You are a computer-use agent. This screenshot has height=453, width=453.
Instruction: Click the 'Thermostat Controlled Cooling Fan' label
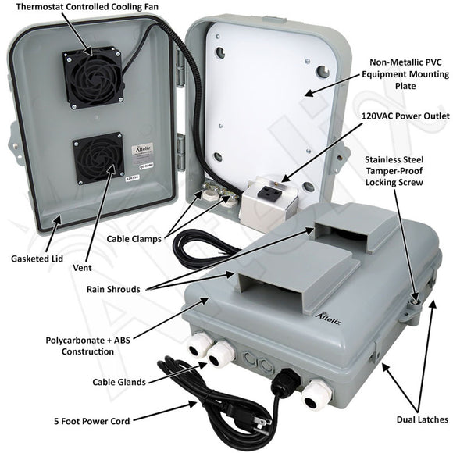pyautogui.click(x=87, y=6)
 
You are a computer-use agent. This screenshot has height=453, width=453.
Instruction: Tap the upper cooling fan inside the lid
pyautogui.click(x=92, y=77)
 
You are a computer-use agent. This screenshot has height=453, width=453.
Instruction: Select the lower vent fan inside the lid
pyautogui.click(x=98, y=159)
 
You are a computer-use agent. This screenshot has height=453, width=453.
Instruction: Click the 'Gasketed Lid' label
pyautogui.click(x=37, y=259)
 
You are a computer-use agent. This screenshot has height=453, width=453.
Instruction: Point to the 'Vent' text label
pyautogui.click(x=82, y=268)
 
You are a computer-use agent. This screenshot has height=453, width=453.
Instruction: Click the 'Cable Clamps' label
pyautogui.click(x=134, y=239)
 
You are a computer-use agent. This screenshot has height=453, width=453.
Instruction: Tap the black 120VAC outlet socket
pyautogui.click(x=271, y=192)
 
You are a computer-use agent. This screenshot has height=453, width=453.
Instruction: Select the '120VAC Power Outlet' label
pyautogui.click(x=405, y=116)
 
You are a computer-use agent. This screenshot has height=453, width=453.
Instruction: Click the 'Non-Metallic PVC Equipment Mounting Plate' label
pyautogui.click(x=405, y=74)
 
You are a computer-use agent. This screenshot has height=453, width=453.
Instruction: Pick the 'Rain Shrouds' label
pyautogui.click(x=113, y=289)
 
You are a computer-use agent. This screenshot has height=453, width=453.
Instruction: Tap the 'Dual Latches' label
pyautogui.click(x=422, y=419)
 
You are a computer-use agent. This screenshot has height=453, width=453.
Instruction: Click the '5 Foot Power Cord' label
pyautogui.click(x=92, y=421)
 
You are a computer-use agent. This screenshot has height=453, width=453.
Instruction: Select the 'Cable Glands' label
pyautogui.click(x=119, y=382)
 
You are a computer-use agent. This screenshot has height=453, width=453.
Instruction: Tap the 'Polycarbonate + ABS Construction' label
pyautogui.click(x=87, y=346)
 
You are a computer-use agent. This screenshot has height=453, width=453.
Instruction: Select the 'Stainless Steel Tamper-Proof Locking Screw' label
pyautogui.click(x=394, y=171)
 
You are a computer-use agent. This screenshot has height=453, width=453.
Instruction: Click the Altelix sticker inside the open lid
pyautogui.click(x=143, y=152)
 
